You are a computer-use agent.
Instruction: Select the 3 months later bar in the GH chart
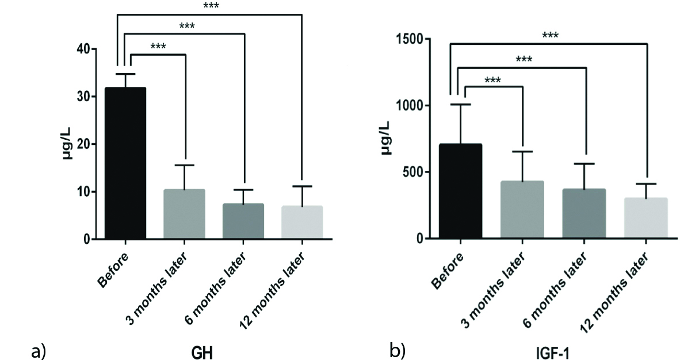[184, 214]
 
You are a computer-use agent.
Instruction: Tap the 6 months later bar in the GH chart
[243, 221]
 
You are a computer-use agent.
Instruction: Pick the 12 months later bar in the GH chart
[302, 223]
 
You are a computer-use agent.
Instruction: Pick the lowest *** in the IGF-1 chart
[492, 81]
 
